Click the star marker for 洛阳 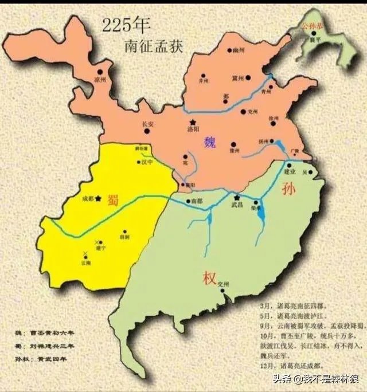193,122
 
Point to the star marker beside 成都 99,198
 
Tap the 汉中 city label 147,162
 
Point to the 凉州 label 100,80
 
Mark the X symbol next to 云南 85,253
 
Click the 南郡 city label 197,201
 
